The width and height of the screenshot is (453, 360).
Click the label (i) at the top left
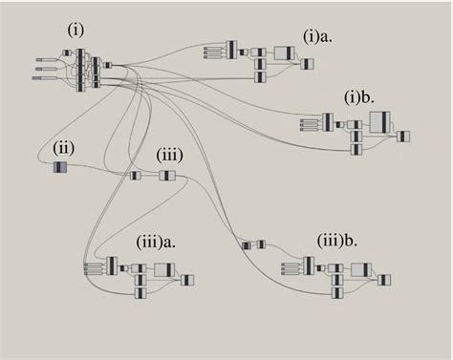click(76, 30)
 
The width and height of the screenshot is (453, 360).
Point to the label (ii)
click(64, 147)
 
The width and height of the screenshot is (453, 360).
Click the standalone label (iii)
click(169, 155)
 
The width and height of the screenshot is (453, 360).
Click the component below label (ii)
click(60, 168)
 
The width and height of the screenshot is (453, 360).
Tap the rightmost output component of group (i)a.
click(307, 64)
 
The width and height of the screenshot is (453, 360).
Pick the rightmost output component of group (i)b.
click(403, 137)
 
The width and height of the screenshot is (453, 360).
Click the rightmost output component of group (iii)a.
click(187, 280)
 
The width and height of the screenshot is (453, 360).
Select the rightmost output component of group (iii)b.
click(383, 280)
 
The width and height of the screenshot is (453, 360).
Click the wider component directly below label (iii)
click(167, 176)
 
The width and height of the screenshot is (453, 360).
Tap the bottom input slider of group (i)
click(43, 78)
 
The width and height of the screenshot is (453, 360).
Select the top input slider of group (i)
click(44, 59)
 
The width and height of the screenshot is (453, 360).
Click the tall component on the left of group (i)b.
click(327, 122)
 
